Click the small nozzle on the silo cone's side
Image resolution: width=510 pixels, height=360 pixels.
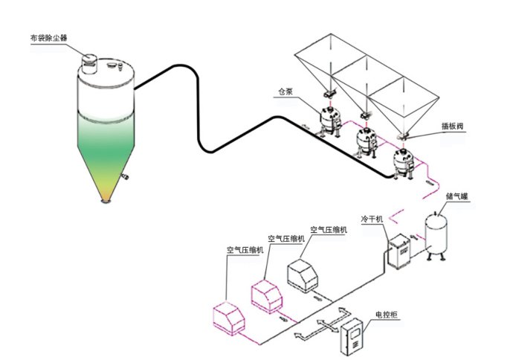tap(123, 176)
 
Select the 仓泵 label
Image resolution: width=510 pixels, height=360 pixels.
tap(285, 93)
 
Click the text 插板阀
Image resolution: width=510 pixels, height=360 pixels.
tap(433, 127)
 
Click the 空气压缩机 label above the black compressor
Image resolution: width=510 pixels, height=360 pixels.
tap(329, 230)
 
